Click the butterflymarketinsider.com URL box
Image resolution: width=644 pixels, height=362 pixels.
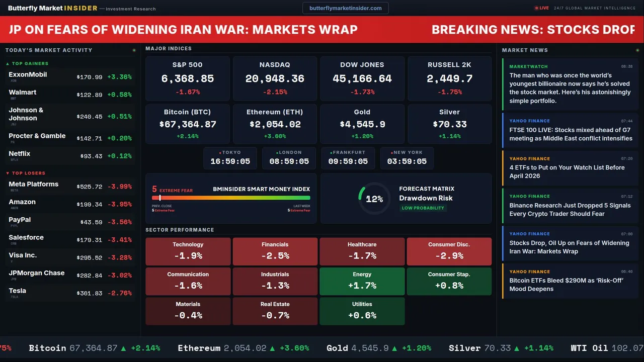click(x=345, y=8)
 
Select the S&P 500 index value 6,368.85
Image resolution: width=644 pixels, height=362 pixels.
click(x=188, y=78)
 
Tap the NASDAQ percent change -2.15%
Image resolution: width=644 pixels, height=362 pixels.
click(x=275, y=92)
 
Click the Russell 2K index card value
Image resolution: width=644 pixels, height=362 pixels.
click(x=449, y=78)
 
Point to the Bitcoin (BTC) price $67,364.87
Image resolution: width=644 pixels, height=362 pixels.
click(x=188, y=124)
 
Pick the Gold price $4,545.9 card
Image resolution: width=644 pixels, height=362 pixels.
click(x=362, y=124)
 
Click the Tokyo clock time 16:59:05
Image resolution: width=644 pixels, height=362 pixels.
click(x=230, y=161)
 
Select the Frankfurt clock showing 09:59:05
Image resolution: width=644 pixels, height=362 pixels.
click(x=348, y=161)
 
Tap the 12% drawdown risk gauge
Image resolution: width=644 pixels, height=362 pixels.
click(x=374, y=199)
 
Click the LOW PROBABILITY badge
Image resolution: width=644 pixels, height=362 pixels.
click(x=423, y=208)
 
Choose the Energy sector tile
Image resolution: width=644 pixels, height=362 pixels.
click(x=362, y=281)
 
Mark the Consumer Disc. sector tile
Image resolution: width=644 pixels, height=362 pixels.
click(x=449, y=251)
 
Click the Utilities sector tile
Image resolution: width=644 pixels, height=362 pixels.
click(x=362, y=311)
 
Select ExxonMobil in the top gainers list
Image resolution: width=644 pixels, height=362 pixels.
click(x=28, y=74)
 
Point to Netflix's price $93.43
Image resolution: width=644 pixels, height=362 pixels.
click(x=91, y=156)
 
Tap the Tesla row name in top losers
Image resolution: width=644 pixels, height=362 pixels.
click(x=18, y=291)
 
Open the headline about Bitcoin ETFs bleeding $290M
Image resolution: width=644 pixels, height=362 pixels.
click(x=566, y=285)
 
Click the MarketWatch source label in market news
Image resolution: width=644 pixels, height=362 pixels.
click(x=528, y=66)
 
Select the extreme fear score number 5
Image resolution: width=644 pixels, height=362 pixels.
click(x=154, y=190)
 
